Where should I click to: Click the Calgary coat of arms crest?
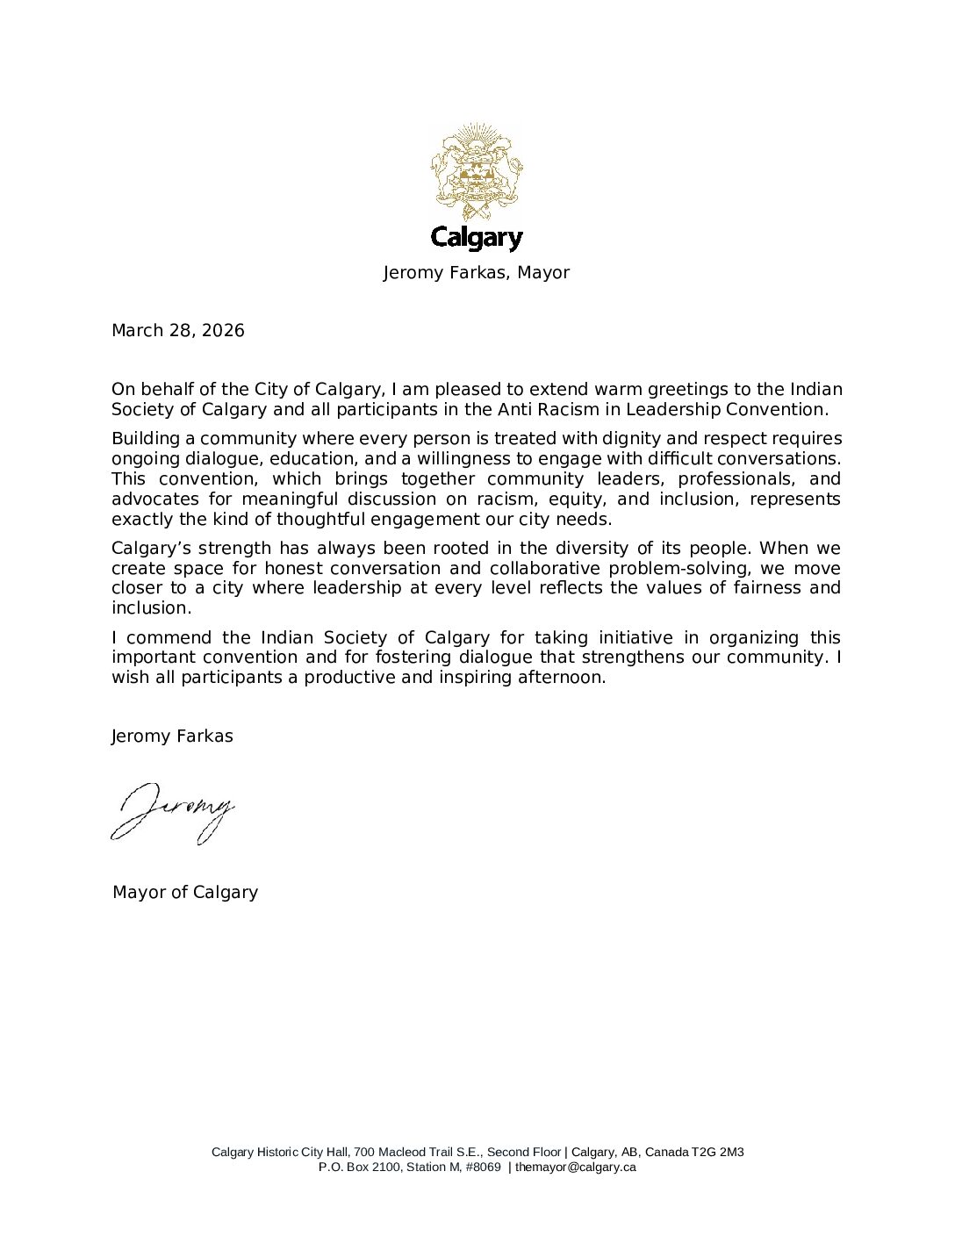(477, 171)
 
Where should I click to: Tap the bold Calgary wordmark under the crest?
(477, 238)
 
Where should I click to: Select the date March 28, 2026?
(178, 331)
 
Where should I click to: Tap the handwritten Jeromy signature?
(173, 812)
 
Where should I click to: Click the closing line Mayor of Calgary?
(185, 893)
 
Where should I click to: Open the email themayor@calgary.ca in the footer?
(575, 1168)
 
